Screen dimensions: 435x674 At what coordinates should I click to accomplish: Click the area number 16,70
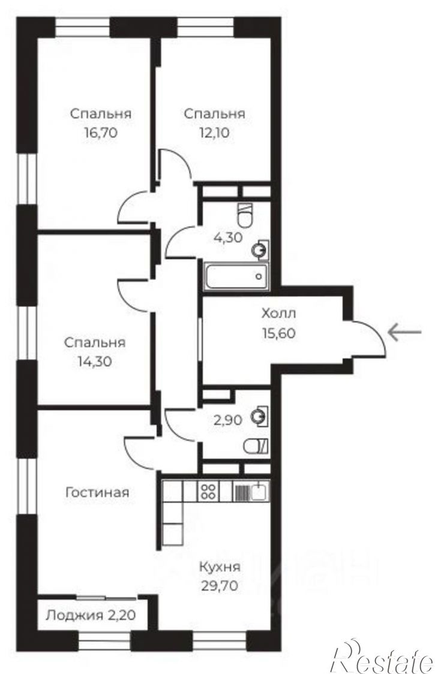coord(101,133)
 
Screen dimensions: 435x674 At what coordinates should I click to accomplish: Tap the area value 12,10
coord(214,133)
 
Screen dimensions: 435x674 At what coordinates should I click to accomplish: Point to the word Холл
coord(279,314)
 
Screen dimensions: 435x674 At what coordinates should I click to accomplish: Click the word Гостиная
coord(97,492)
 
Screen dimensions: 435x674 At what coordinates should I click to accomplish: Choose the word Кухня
coord(220,567)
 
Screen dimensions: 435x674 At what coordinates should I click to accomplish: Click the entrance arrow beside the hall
coord(404,332)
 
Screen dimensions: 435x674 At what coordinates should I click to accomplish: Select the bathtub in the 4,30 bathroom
coord(236,275)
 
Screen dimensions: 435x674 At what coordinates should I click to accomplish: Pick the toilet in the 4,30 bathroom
coord(245,214)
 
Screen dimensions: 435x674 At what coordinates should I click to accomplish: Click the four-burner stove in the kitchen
coord(208,491)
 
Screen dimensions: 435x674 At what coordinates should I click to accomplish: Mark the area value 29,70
coord(220,585)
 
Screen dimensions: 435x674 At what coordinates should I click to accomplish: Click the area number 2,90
coord(228,419)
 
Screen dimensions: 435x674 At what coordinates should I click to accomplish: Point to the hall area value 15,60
coord(279,333)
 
